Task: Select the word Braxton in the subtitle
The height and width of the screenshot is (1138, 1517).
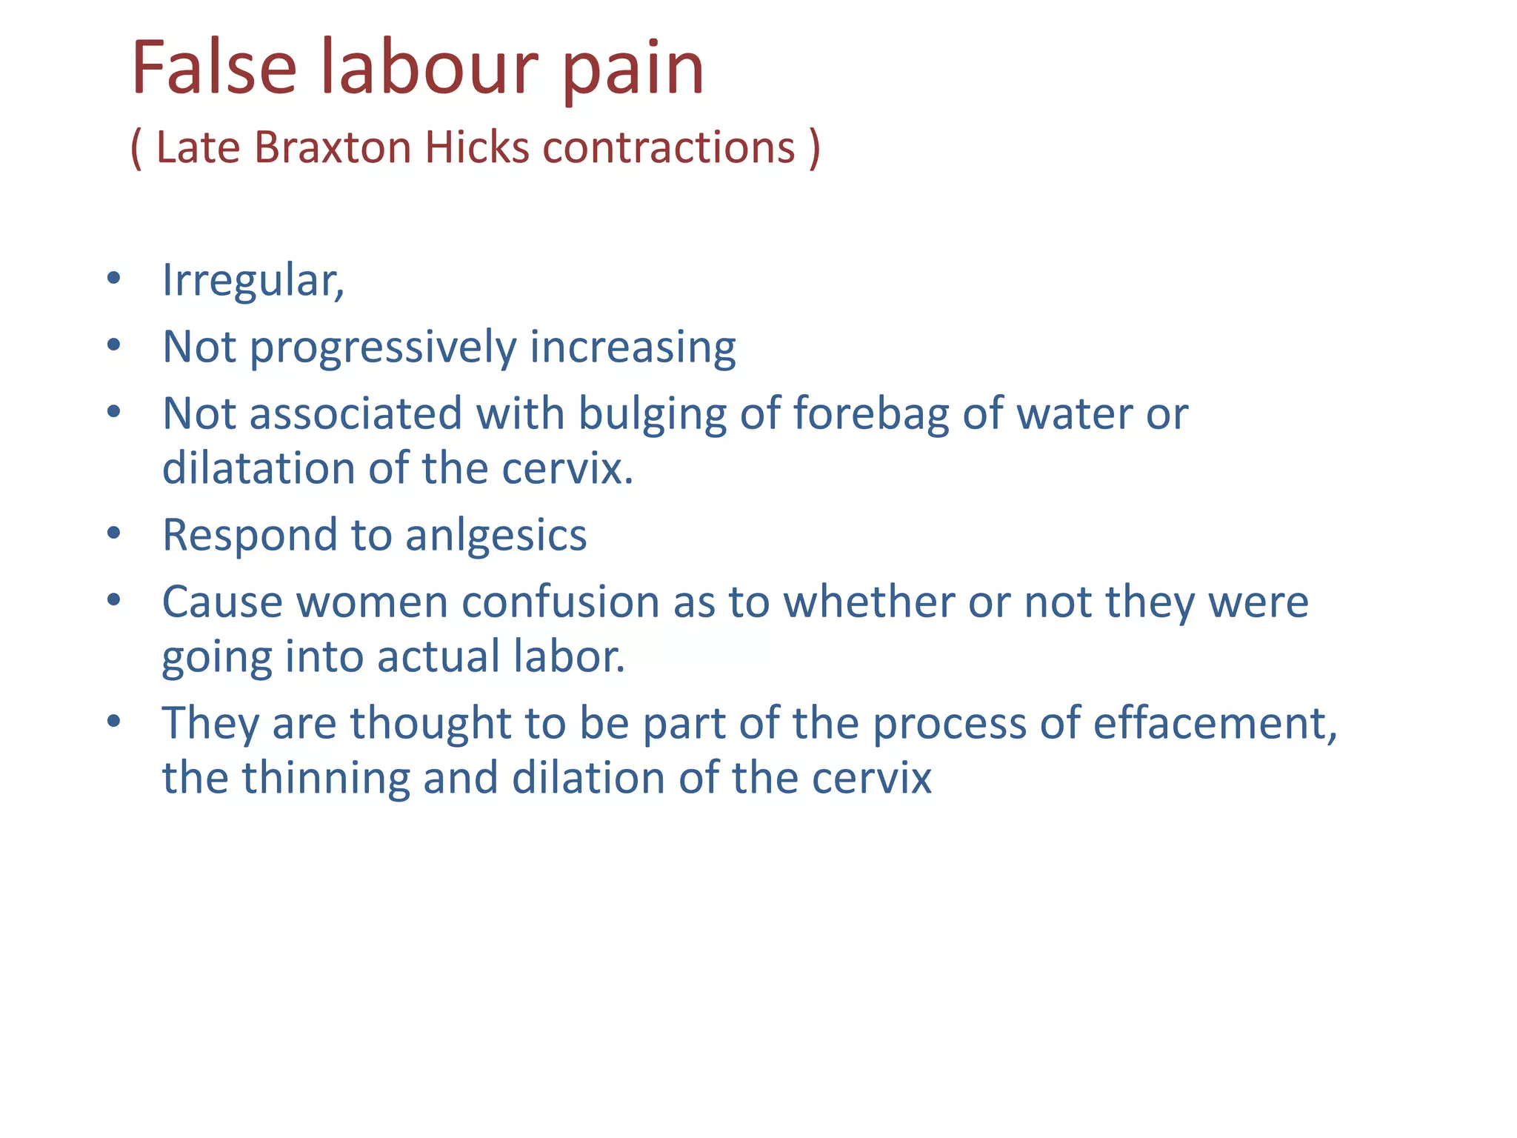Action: pyautogui.click(x=333, y=147)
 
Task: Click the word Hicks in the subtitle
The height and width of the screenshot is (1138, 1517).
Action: pyautogui.click(x=477, y=147)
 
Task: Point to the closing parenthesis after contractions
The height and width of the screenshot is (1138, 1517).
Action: pyautogui.click(x=815, y=148)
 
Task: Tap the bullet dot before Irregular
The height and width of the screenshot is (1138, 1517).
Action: pyautogui.click(x=113, y=279)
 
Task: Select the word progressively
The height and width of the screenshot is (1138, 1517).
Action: pyautogui.click(x=383, y=348)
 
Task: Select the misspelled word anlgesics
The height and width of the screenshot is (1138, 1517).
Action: pyautogui.click(x=496, y=536)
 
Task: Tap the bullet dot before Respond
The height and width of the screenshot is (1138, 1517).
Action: pyautogui.click(x=113, y=533)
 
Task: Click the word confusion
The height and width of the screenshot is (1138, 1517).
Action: pyautogui.click(x=560, y=602)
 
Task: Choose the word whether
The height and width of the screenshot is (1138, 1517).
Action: pyautogui.click(x=869, y=602)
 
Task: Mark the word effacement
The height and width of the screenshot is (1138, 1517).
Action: pyautogui.click(x=1215, y=723)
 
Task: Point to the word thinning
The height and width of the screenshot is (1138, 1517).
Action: pyautogui.click(x=325, y=779)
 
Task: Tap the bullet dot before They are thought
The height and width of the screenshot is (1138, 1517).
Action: pyautogui.click(x=113, y=722)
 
